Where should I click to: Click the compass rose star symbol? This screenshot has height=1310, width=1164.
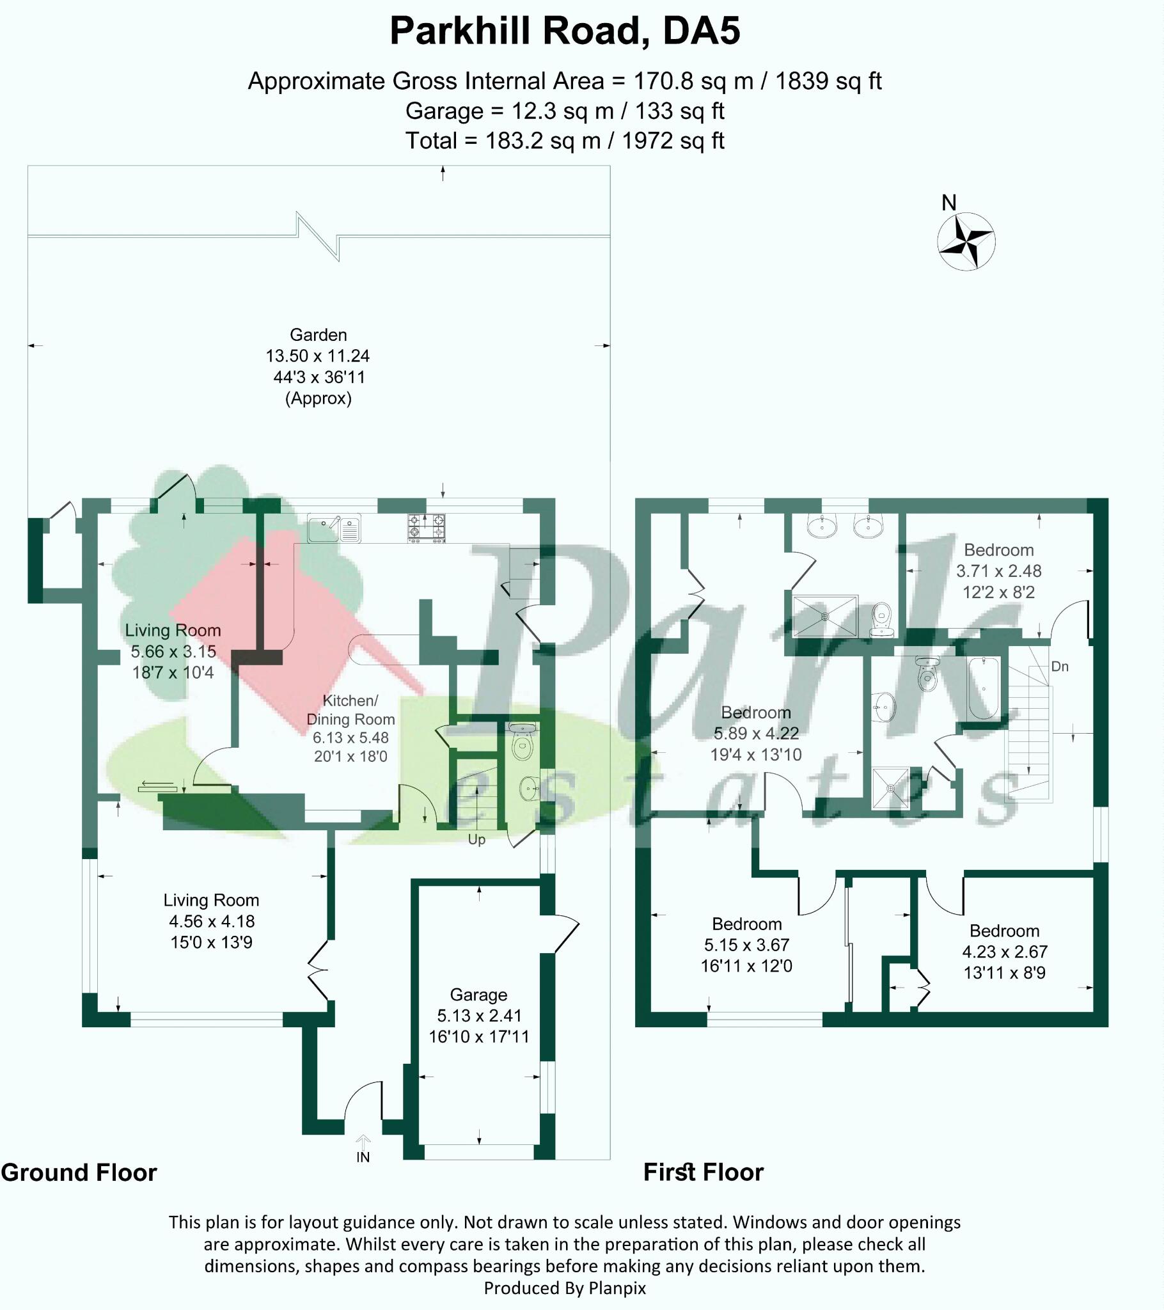[966, 242]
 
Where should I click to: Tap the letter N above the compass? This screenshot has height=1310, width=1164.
[948, 203]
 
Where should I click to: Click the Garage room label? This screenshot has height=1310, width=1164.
[478, 994]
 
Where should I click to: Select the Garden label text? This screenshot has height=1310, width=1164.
[318, 335]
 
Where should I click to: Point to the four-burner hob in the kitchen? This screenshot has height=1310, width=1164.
[426, 528]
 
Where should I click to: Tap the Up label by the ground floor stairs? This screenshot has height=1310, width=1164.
[476, 839]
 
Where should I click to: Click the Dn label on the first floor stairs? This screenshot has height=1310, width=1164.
[1060, 667]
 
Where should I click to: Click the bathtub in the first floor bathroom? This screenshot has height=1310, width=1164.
[982, 689]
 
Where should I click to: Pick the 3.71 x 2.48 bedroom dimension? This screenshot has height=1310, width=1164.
[998, 571]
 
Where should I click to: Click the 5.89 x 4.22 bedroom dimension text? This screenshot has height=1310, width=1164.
[756, 733]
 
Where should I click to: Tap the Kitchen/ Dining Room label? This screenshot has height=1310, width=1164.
[350, 709]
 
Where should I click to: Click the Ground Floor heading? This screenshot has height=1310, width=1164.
[79, 1172]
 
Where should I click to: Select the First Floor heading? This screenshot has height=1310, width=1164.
[703, 1172]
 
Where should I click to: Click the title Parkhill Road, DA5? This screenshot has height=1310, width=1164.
[565, 31]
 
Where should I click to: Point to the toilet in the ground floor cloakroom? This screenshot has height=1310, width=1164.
[523, 746]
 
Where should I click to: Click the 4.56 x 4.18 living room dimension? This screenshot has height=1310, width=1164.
[212, 921]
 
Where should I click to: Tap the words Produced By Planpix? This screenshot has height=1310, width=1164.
[565, 1288]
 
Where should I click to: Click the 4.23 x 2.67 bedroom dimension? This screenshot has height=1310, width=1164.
[1004, 952]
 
